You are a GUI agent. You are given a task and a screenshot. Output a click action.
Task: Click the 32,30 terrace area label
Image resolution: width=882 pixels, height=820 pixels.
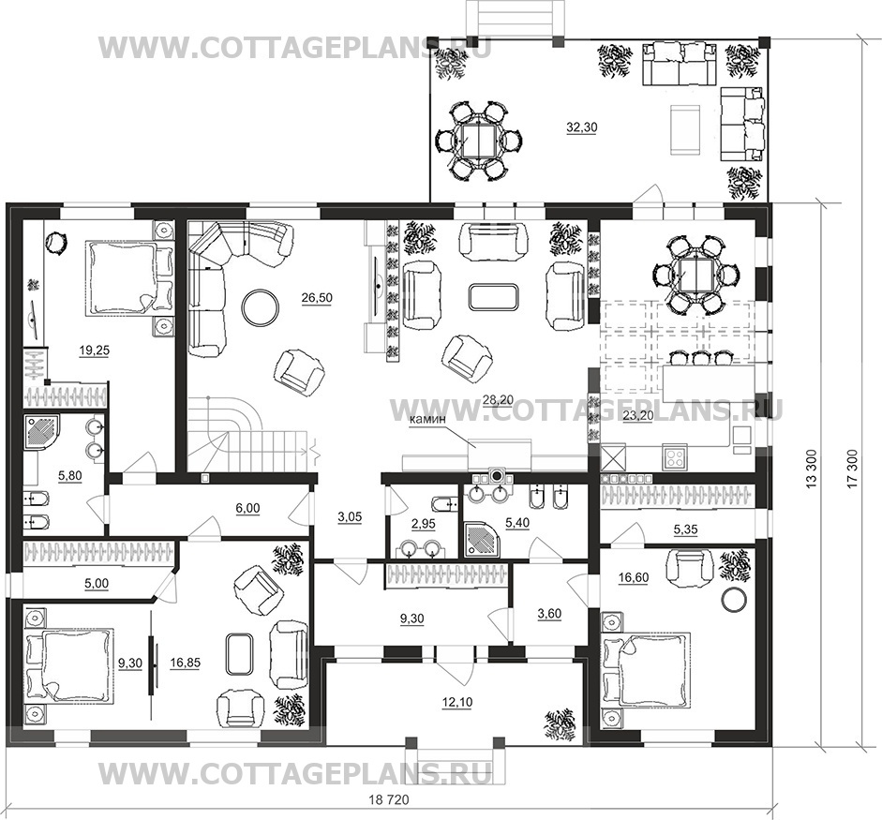pyautogui.click(x=582, y=127)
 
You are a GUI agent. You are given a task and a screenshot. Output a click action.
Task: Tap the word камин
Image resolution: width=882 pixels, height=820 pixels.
pyautogui.click(x=427, y=419)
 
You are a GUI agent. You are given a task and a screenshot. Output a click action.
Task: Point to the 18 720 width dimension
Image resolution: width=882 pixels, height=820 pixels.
pyautogui.click(x=389, y=799)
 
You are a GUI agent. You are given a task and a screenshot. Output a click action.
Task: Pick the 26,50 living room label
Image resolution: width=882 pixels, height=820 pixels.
pyautogui.click(x=317, y=297)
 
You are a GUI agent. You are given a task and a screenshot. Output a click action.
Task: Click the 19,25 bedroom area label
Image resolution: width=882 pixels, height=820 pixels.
pyautogui.click(x=94, y=350)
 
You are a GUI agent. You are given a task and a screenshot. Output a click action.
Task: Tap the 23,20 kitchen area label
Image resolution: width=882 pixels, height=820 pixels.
pyautogui.click(x=638, y=417)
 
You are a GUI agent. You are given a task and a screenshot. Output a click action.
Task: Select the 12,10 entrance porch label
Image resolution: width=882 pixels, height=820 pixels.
pyautogui.click(x=456, y=702)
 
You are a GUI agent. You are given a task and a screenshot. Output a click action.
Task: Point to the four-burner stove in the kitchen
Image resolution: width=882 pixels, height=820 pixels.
pyautogui.click(x=674, y=456)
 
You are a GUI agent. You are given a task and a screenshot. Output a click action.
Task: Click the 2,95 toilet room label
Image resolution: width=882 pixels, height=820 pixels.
pyautogui.click(x=423, y=524)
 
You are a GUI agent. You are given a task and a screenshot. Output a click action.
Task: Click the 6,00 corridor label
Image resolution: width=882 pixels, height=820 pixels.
pyautogui.click(x=247, y=508)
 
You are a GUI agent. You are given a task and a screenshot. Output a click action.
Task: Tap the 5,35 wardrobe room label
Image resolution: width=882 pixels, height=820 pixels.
pyautogui.click(x=685, y=529)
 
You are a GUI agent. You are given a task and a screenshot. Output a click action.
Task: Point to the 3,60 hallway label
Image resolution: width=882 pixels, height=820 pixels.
pyautogui.click(x=549, y=614)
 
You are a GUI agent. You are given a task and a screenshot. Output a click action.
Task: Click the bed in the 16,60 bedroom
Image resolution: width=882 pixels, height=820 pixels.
pyautogui.click(x=647, y=668)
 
